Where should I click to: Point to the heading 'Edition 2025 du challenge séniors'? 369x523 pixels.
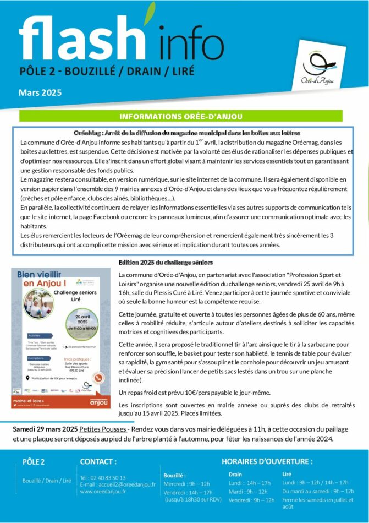pyautogui.click(x=166, y=263)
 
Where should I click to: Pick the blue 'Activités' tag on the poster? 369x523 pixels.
pyautogui.click(x=34, y=335)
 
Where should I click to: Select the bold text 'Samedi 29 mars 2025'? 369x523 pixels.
pyautogui.click(x=45, y=429)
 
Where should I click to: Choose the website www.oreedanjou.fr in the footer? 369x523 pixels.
pyautogui.click(x=103, y=492)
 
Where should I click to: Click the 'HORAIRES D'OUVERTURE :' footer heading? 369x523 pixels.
pyautogui.click(x=267, y=461)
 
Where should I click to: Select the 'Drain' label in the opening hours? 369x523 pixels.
pyautogui.click(x=235, y=474)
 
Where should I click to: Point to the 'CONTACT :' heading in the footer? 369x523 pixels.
pyautogui.click(x=98, y=461)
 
